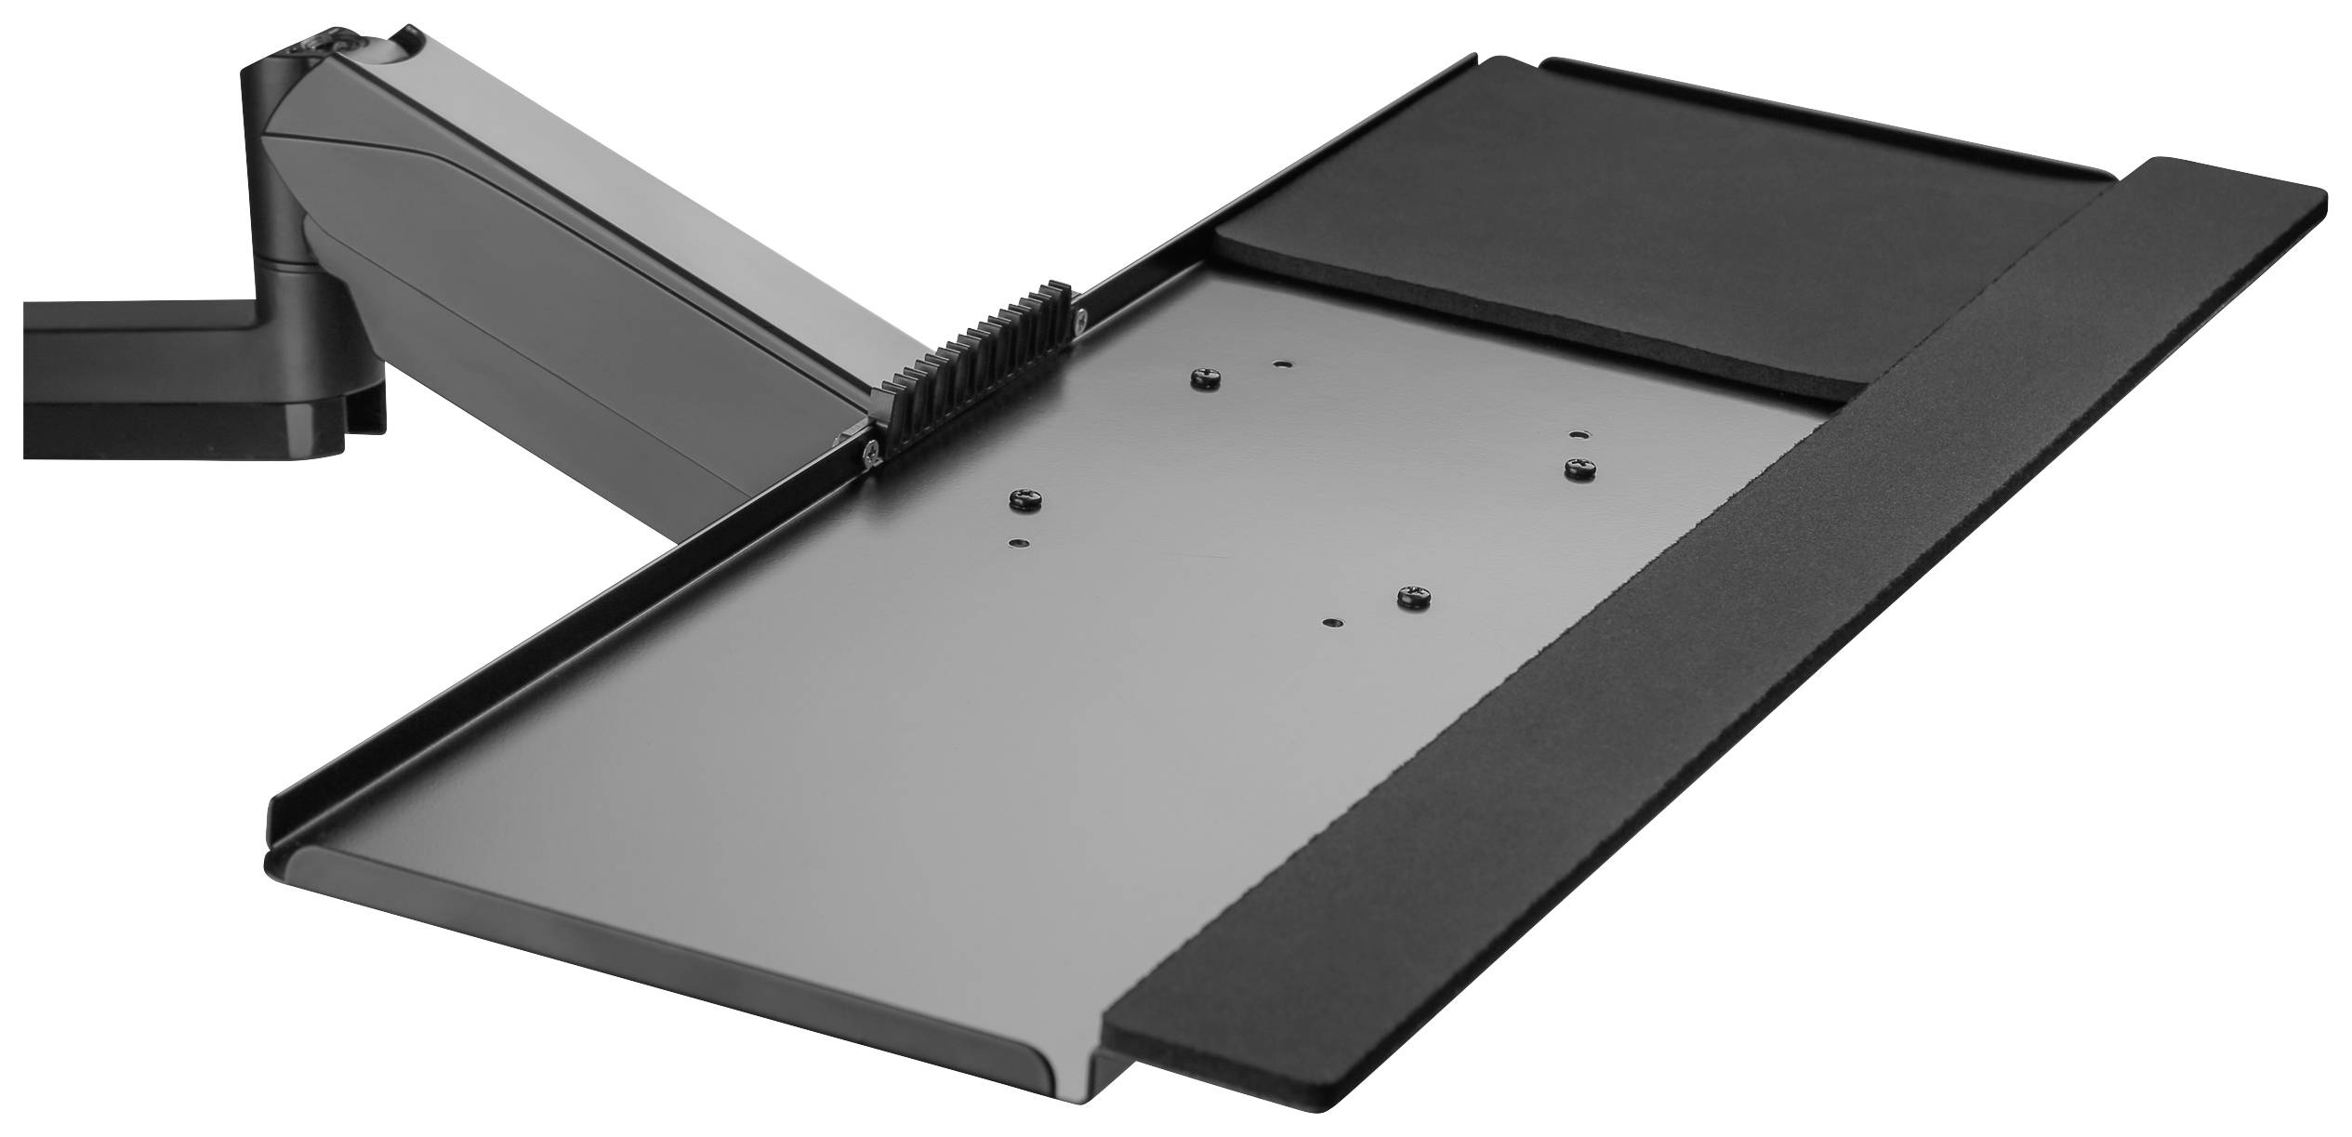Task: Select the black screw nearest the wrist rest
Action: [1415, 596]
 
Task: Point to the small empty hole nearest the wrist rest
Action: [1332, 621]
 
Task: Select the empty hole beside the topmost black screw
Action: [1282, 366]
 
